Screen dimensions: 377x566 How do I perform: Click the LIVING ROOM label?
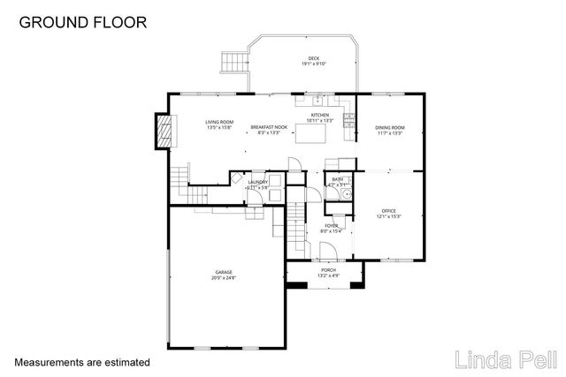click(x=218, y=122)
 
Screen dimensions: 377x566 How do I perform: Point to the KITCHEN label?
click(x=319, y=115)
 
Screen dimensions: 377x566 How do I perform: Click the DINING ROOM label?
click(x=389, y=127)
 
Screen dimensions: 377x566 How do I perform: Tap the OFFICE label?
click(x=389, y=210)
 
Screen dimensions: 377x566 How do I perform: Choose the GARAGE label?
click(x=224, y=272)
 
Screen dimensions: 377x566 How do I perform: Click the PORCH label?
click(x=328, y=269)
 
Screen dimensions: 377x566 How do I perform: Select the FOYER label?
click(x=331, y=226)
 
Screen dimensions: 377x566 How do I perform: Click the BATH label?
click(x=337, y=179)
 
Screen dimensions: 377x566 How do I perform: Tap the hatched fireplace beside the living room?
click(x=163, y=132)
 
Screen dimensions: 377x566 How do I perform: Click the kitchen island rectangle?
click(x=309, y=134)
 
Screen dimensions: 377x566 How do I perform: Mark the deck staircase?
click(x=232, y=62)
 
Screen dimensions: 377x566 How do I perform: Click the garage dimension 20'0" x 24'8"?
click(x=224, y=278)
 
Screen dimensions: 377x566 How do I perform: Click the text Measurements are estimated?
click(x=82, y=362)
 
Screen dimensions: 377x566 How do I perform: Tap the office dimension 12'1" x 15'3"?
click(x=389, y=216)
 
